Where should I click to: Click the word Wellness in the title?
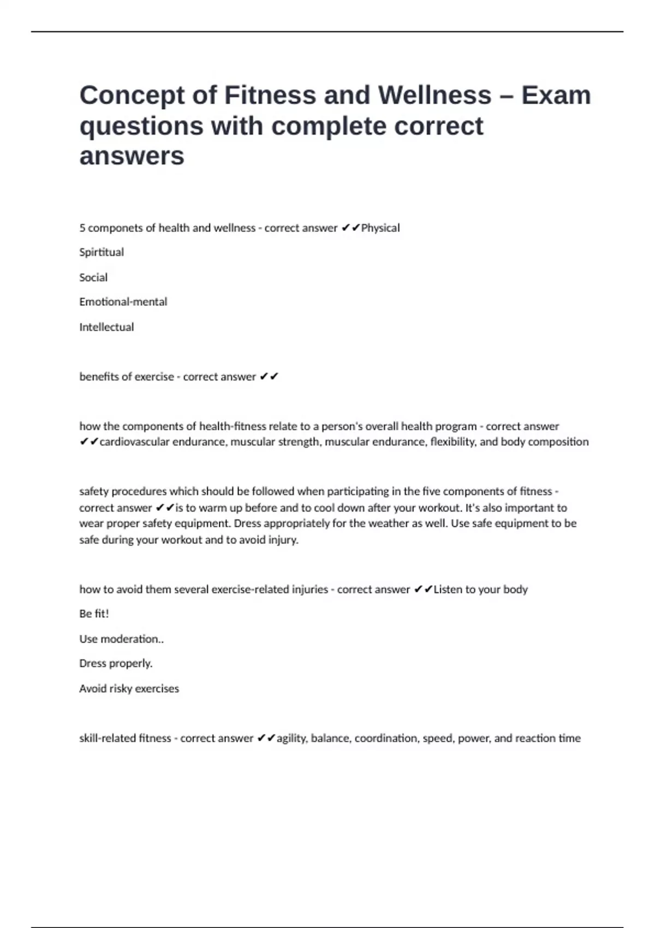point(434,95)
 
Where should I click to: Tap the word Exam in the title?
point(556,95)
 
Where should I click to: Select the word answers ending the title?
point(132,156)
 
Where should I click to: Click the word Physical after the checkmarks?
point(380,228)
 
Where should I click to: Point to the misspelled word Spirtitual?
point(102,252)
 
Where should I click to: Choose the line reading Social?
point(93,277)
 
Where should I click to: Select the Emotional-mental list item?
point(123,302)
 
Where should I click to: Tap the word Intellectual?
point(106,327)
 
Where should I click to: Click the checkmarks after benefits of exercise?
point(269,377)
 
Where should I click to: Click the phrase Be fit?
point(94,614)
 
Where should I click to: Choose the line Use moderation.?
point(121,639)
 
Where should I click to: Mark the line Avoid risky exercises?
point(129,688)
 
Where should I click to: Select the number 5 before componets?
point(82,228)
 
